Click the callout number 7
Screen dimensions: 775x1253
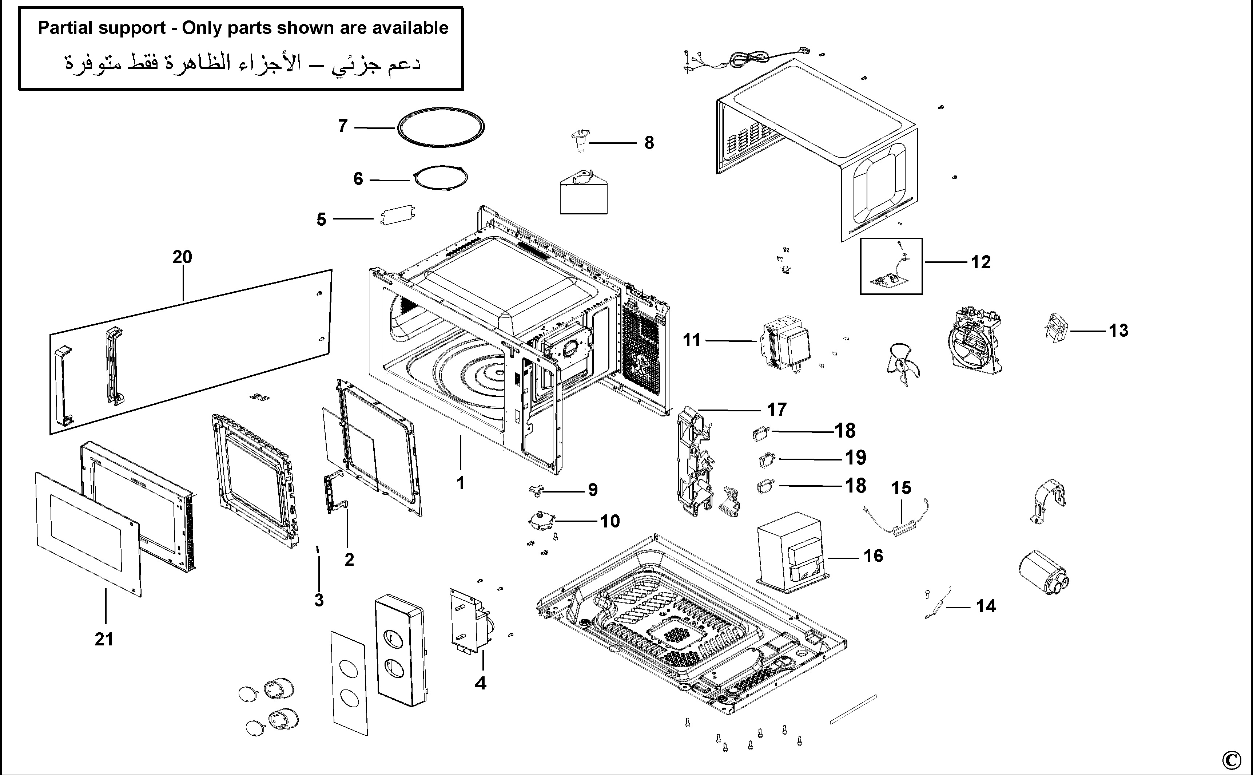point(343,126)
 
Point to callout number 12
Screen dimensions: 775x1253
point(980,262)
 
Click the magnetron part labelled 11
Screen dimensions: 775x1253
point(785,344)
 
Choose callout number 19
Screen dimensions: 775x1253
point(855,458)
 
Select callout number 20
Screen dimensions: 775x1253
point(182,257)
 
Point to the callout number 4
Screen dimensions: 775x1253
point(480,683)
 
